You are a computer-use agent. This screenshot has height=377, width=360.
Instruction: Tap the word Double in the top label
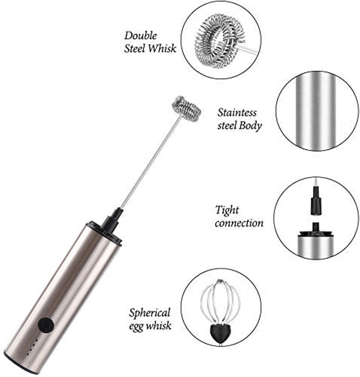140,36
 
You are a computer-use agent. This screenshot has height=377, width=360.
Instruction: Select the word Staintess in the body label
237,113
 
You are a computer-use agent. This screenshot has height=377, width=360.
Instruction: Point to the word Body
250,126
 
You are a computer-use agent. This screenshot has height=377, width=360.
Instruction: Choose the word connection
239,223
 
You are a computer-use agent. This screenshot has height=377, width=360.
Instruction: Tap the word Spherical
149,313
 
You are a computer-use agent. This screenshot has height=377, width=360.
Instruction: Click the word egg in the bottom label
136,327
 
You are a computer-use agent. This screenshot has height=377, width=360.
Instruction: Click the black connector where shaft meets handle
111,222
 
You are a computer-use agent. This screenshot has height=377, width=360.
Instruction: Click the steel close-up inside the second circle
317,111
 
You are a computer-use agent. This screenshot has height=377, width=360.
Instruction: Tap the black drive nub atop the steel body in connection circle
315,227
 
